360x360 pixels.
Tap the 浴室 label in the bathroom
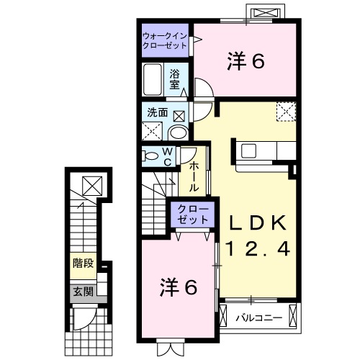(x=175, y=78)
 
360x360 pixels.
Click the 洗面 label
(x=158, y=113)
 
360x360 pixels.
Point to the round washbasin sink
(x=177, y=132)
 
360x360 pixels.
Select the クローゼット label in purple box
(x=192, y=214)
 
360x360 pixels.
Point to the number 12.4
(x=258, y=249)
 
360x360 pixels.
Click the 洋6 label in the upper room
(x=247, y=62)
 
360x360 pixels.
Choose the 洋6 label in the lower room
(x=178, y=287)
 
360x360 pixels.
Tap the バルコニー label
(x=257, y=315)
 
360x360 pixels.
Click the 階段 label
(x=83, y=263)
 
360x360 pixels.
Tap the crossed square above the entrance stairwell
(x=92, y=186)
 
